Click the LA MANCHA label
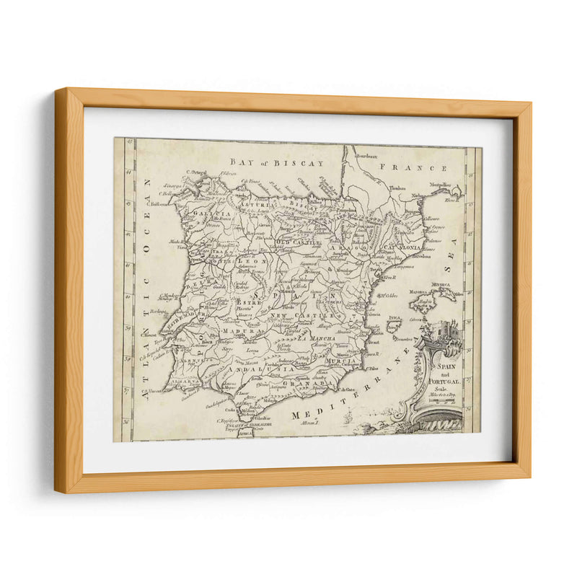(x=317, y=338)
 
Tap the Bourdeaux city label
(x=359, y=153)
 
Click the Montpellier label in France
(x=445, y=185)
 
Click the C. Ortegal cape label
(x=195, y=172)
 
